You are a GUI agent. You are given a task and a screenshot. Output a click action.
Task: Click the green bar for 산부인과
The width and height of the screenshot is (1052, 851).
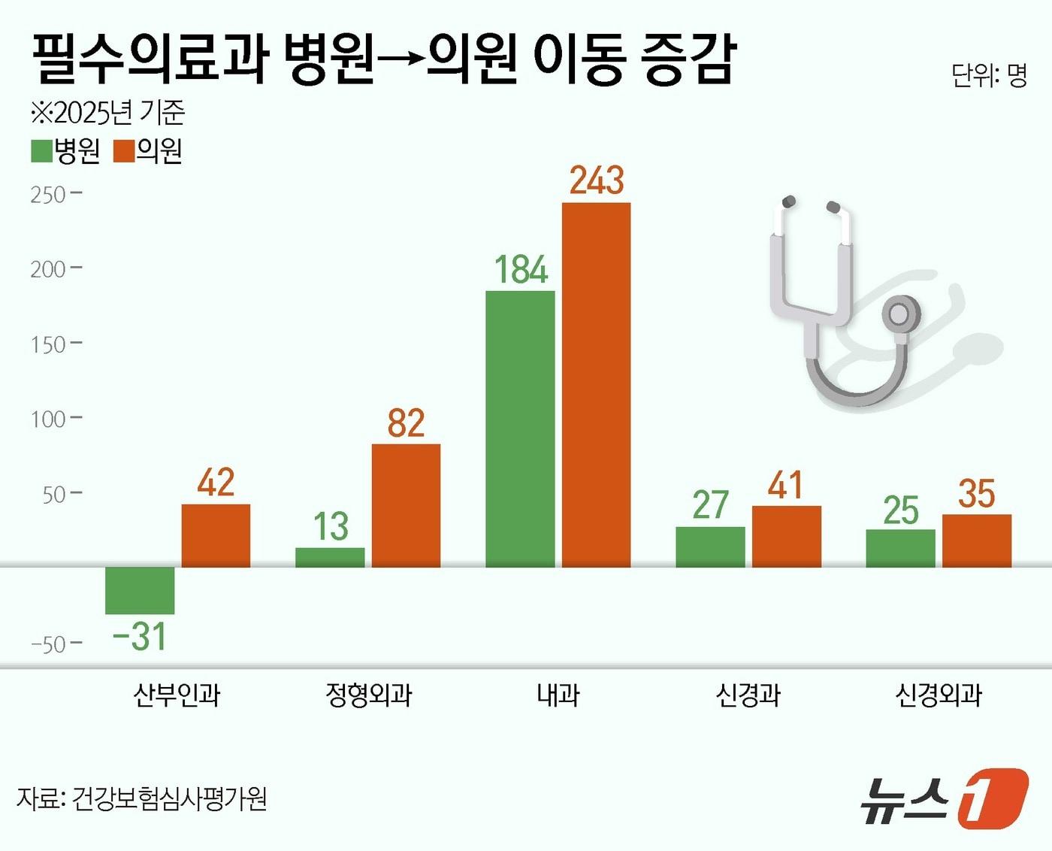click(x=140, y=590)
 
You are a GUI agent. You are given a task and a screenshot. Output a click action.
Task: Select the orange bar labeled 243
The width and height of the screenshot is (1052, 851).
click(x=596, y=384)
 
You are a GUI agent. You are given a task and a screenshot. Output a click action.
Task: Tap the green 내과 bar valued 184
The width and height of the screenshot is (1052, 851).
click(x=520, y=429)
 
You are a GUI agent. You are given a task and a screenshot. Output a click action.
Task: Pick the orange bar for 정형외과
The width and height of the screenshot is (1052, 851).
click(x=406, y=505)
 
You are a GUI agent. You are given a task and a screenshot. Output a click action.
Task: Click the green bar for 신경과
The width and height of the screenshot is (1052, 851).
click(x=710, y=547)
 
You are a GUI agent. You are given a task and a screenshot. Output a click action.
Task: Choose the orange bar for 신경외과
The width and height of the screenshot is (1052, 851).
click(x=976, y=541)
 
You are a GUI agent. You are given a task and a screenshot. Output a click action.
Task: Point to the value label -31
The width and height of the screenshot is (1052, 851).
click(x=140, y=637)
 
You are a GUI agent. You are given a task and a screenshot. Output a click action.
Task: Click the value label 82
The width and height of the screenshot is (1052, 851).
click(x=406, y=423)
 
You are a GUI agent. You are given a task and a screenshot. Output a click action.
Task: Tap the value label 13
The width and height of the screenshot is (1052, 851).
click(x=331, y=526)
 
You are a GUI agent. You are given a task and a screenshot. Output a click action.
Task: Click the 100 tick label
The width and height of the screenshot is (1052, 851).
click(x=48, y=419)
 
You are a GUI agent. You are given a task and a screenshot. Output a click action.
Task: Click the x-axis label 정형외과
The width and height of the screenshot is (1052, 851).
click(x=368, y=695)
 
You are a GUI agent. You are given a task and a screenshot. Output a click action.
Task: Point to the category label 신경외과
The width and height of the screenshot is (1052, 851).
click(x=938, y=695)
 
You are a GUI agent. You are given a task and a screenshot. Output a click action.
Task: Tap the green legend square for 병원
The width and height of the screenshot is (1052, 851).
click(x=41, y=151)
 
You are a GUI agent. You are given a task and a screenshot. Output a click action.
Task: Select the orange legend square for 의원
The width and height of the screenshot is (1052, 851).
click(x=123, y=151)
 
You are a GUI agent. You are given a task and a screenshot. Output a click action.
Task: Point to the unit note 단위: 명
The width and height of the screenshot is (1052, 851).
click(x=988, y=75)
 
